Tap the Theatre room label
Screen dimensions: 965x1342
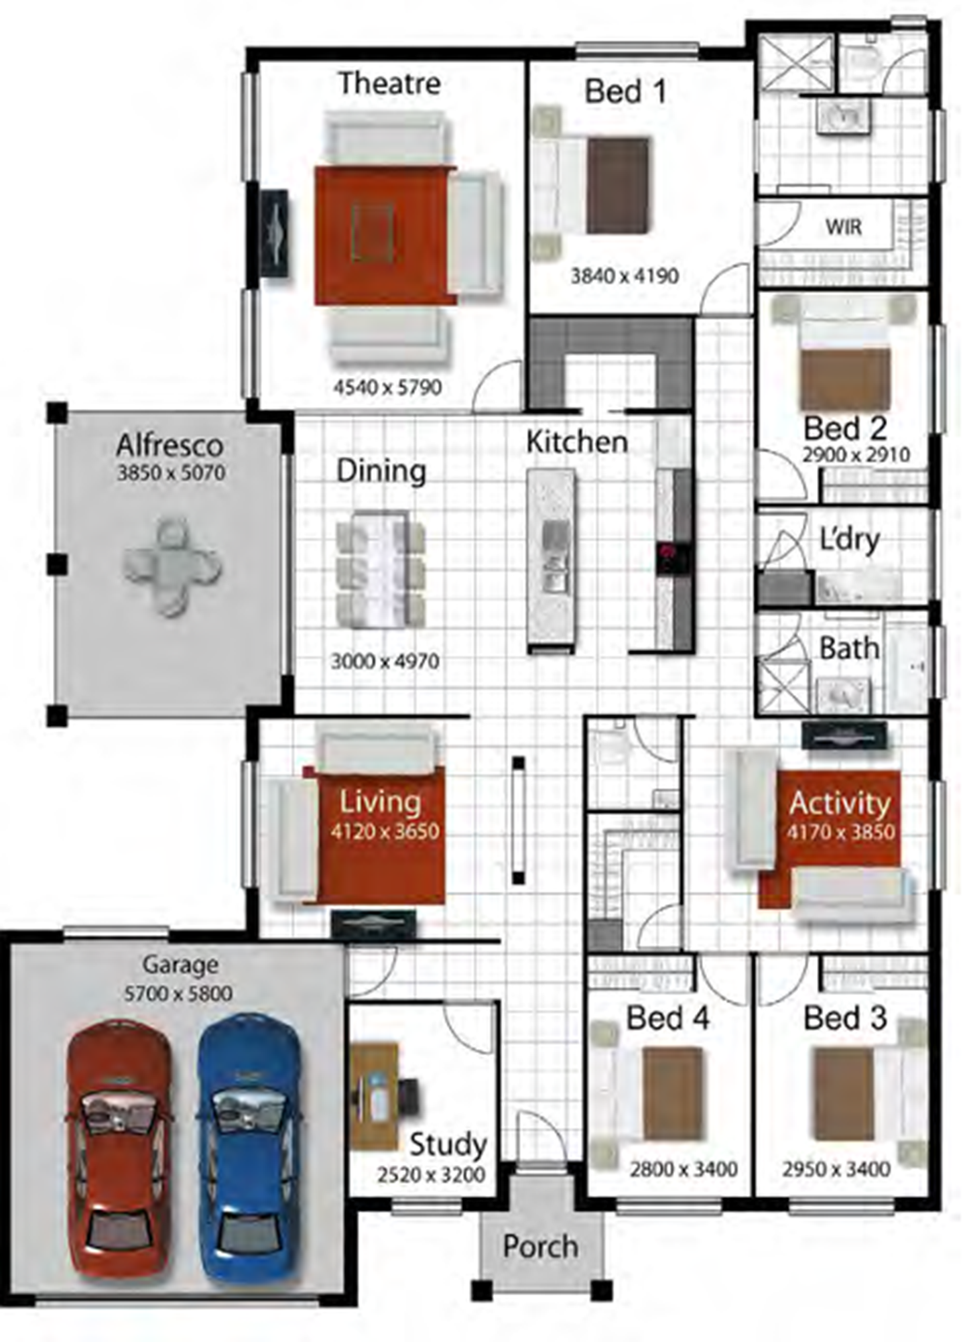(389, 83)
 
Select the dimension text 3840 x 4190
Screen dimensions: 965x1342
(625, 276)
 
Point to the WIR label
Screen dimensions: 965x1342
(844, 227)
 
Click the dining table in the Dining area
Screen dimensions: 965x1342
(380, 570)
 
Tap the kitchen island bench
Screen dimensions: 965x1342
(551, 560)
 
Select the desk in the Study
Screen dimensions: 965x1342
(374, 1095)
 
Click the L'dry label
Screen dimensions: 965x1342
(850, 539)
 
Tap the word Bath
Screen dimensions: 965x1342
(849, 648)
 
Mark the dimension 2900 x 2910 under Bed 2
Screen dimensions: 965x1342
(856, 454)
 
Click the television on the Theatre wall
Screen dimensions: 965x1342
(275, 233)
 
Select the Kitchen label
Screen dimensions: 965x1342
(577, 442)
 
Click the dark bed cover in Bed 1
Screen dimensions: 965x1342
(618, 186)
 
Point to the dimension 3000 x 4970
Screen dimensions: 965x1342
(385, 662)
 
